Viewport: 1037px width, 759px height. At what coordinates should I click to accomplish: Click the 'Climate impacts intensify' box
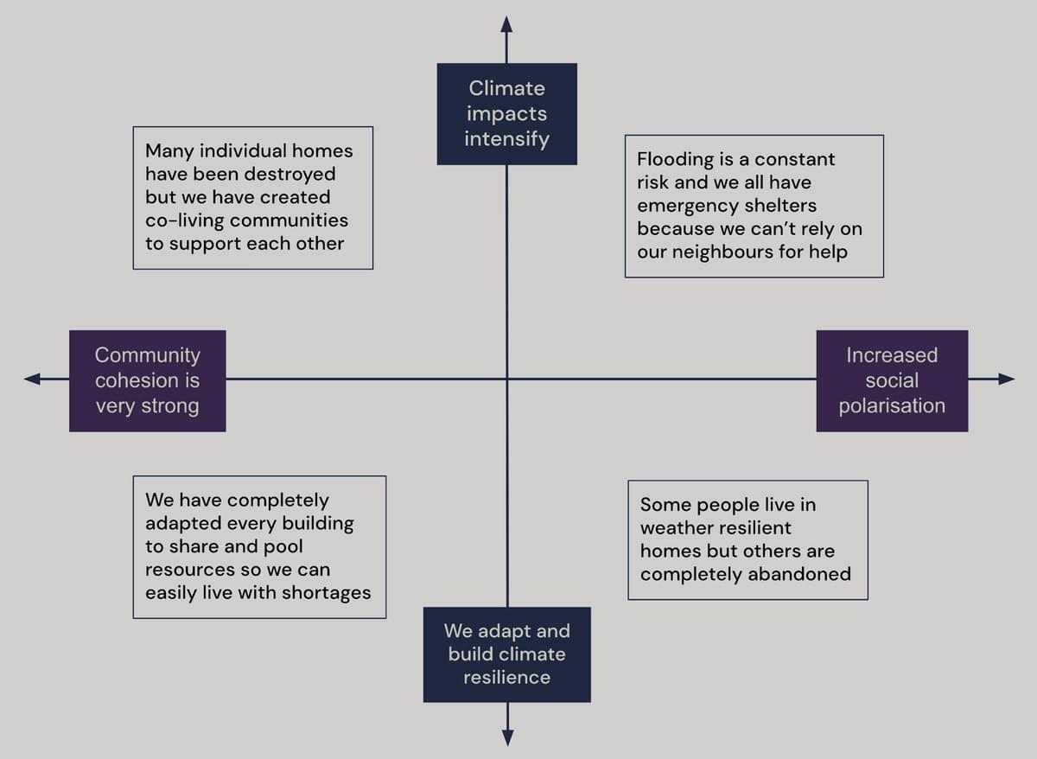[x=506, y=113]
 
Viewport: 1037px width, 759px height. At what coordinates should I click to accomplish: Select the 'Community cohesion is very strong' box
[x=147, y=380]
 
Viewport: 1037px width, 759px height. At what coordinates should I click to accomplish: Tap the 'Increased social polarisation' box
[x=892, y=380]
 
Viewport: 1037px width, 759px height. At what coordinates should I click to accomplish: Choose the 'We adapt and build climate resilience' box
[x=506, y=654]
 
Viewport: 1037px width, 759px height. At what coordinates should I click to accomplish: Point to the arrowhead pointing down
[x=507, y=737]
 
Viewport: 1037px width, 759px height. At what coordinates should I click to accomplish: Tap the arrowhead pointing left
[x=33, y=379]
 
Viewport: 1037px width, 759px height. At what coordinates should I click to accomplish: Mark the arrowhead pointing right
[x=1006, y=379]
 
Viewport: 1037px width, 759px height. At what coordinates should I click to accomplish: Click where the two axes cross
[x=506, y=379]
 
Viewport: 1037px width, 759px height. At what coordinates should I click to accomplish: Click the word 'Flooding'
[x=673, y=160]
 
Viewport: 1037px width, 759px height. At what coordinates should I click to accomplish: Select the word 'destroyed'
[x=289, y=175]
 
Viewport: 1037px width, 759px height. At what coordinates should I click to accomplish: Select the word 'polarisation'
[x=892, y=405]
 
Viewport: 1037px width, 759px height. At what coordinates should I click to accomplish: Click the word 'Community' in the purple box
[x=147, y=355]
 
